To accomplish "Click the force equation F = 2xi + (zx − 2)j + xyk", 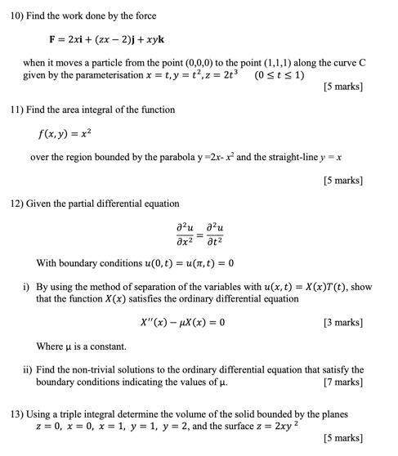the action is [x=109, y=38].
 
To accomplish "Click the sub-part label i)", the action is [x=27, y=287].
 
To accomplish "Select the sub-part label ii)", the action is [x=28, y=369].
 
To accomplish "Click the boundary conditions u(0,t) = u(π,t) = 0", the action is [x=175, y=263].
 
